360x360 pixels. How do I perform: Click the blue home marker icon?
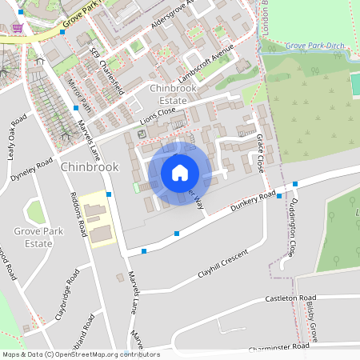[x=180, y=173]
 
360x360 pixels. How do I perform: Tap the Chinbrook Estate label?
[x=167, y=94]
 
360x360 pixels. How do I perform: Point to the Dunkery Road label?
[x=252, y=204]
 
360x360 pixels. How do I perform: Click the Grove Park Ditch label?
[x=315, y=46]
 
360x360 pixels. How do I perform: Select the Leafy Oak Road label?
[x=18, y=137]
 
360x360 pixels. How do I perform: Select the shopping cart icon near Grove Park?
[x=18, y=27]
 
